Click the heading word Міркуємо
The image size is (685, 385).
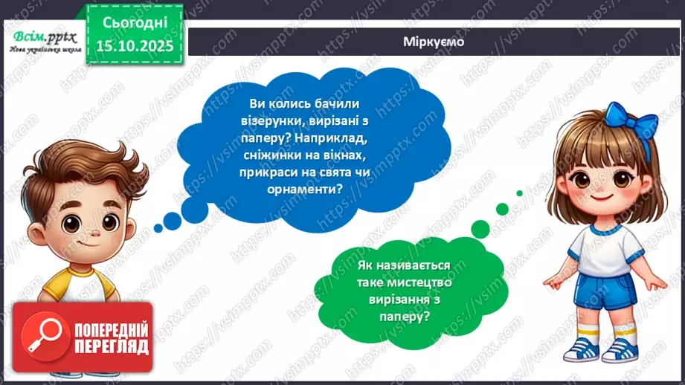click(x=434, y=42)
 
